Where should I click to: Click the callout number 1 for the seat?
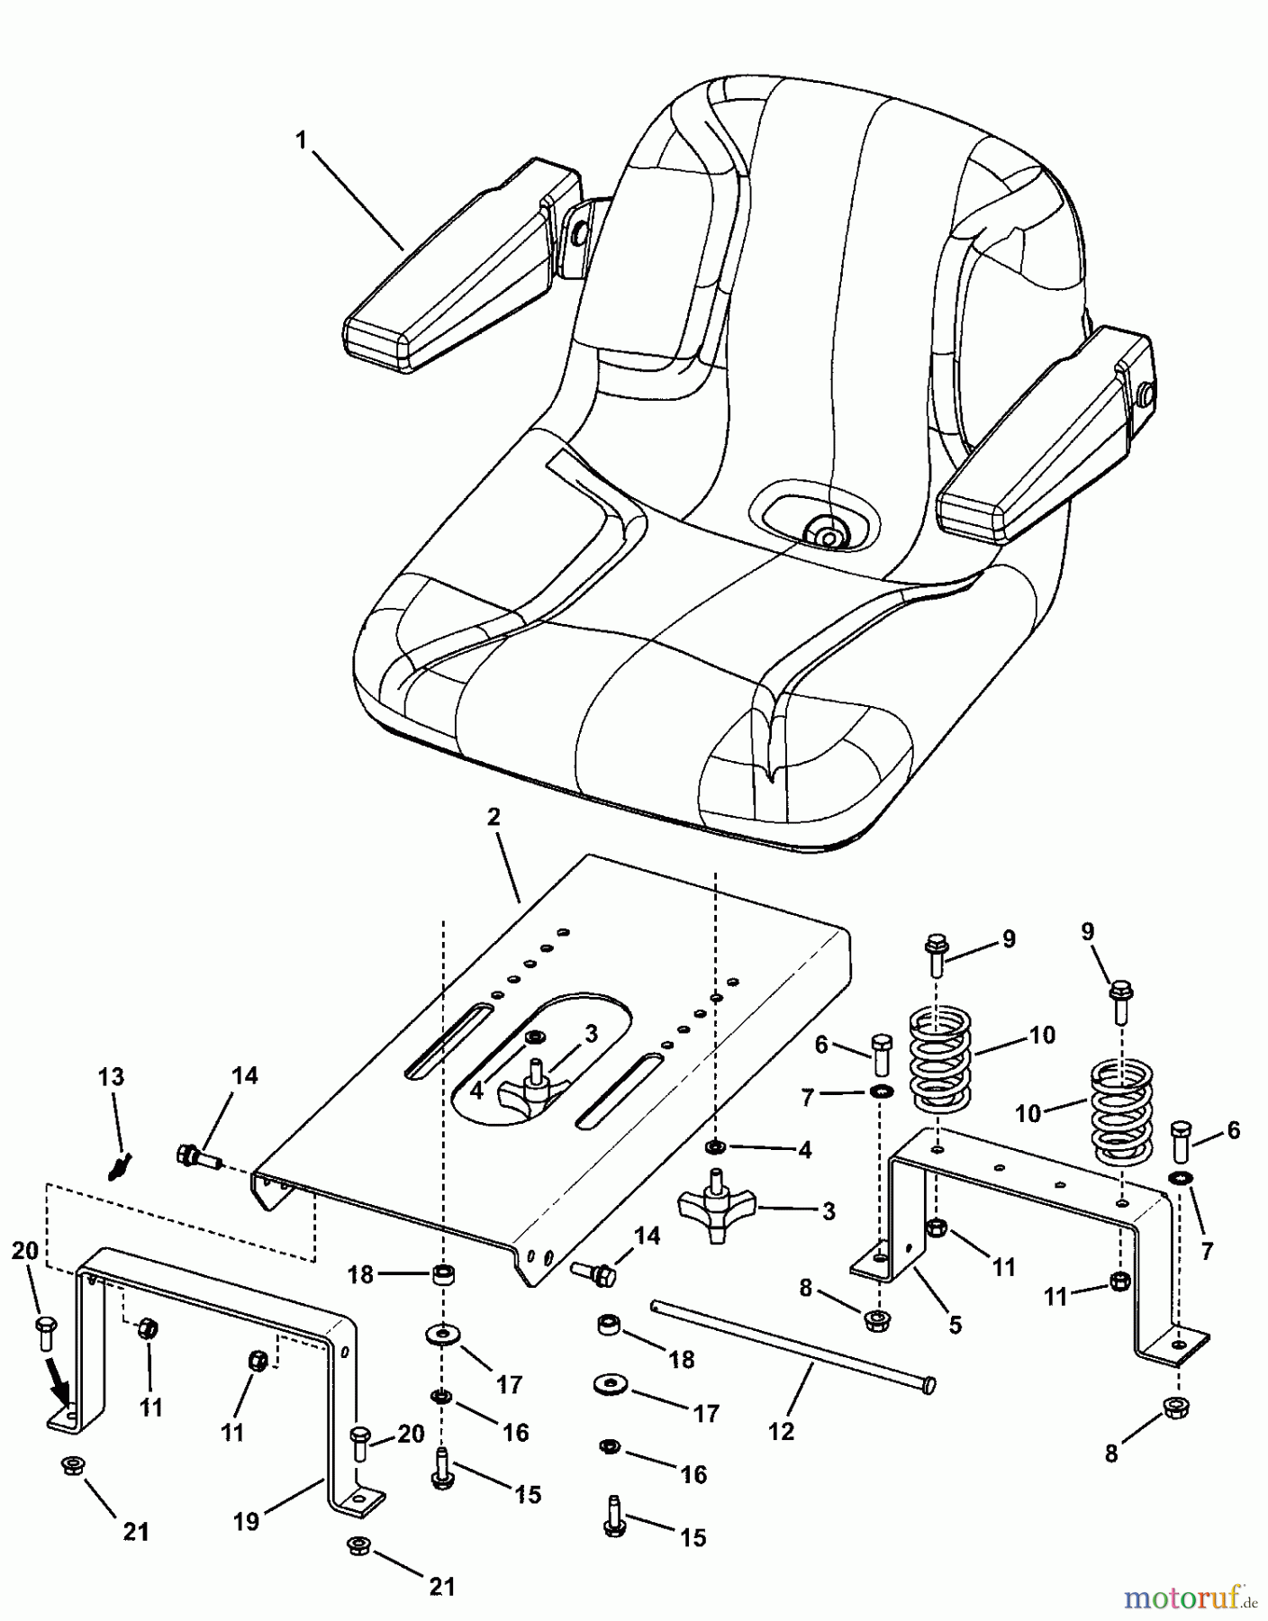coord(302,140)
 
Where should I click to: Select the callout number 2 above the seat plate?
coord(493,818)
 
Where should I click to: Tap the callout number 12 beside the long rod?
coord(781,1430)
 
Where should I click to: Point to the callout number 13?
coord(112,1077)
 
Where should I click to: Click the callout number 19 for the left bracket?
coord(246,1521)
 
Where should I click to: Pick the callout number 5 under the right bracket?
coord(955,1324)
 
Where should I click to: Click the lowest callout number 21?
coord(441,1586)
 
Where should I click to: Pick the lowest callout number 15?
coord(693,1536)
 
